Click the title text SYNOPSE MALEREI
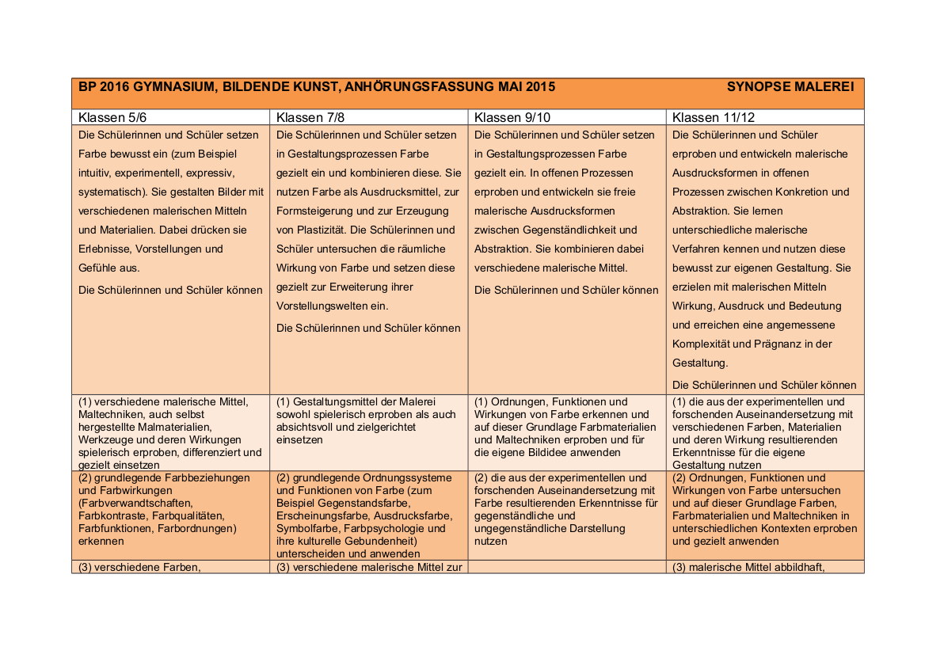tap(790, 86)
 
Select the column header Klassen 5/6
tap(112, 117)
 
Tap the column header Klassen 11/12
tap(713, 117)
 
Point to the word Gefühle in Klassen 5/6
tap(98, 268)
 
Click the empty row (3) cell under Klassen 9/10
tap(567, 566)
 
